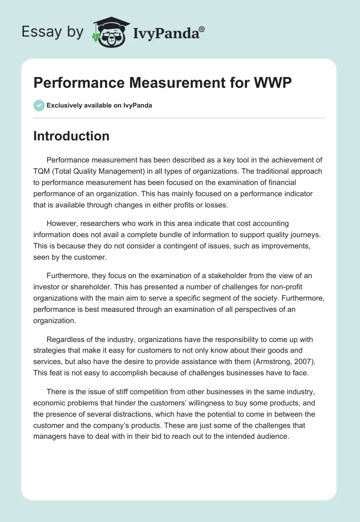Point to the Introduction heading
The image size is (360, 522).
(x=71, y=136)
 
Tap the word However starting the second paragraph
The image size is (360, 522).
(x=63, y=223)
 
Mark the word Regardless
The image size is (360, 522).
(x=66, y=339)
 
